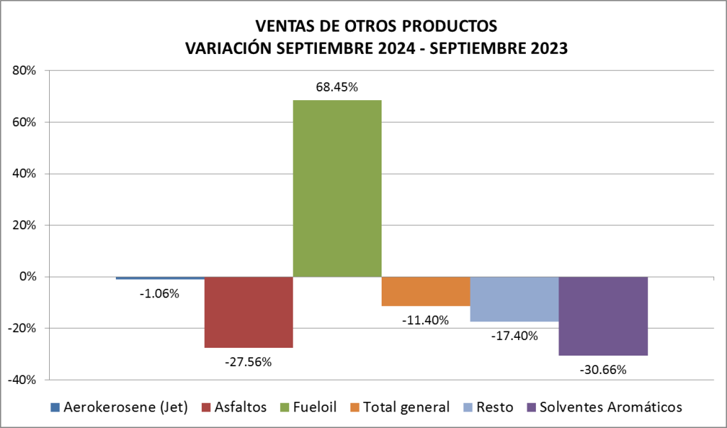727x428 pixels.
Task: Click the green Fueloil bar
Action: pos(337,188)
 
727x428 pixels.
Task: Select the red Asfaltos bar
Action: pos(249,312)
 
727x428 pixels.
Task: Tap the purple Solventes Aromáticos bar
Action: pos(603,316)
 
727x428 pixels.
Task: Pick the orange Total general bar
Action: pos(426,291)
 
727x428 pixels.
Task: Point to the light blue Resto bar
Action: pos(514,299)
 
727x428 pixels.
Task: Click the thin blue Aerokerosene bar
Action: pos(160,278)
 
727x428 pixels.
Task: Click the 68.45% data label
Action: pos(337,88)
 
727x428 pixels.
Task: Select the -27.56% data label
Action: pos(249,361)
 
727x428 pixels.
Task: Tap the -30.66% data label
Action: pos(603,369)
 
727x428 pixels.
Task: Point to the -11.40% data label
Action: pos(426,320)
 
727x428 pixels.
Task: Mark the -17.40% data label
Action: pos(515,335)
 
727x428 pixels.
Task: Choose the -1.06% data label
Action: pos(160,293)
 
